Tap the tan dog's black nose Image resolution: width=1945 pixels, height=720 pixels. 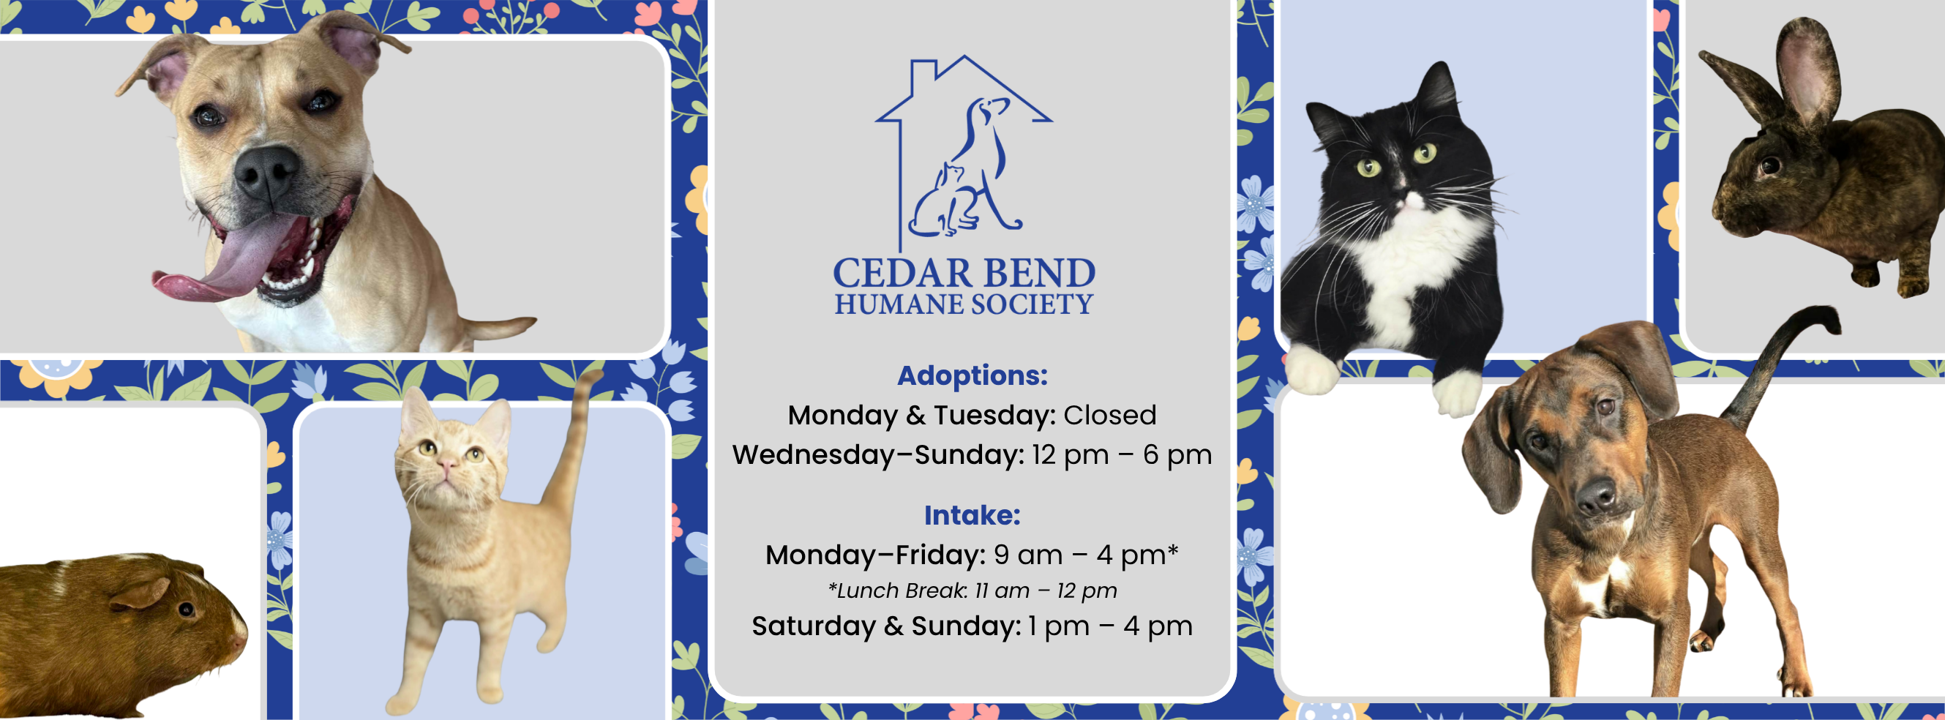pos(266,173)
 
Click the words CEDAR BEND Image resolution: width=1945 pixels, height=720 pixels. pos(964,273)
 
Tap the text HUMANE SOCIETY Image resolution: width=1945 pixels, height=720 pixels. pos(964,305)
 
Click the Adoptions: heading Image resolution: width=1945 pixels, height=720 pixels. pos(972,375)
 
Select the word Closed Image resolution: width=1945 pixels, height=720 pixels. pos(1110,415)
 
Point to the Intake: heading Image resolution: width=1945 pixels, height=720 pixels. pos(972,514)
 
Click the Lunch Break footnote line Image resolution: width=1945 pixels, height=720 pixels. pos(972,590)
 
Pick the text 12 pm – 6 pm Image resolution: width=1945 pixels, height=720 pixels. pos(1122,455)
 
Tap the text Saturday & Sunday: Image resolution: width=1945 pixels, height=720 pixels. pos(886,626)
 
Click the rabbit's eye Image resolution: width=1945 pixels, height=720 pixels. pos(1769,164)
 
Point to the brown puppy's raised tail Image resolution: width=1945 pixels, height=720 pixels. pos(1778,362)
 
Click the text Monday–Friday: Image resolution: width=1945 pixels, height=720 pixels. pos(876,555)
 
